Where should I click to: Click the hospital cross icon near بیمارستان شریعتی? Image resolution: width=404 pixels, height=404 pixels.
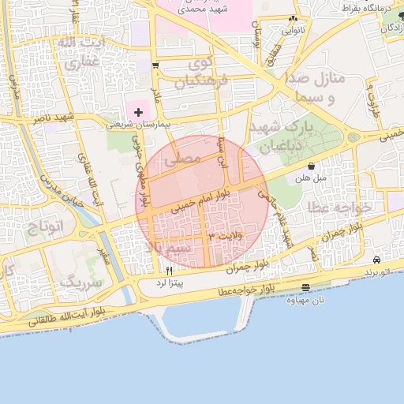coord(140,112)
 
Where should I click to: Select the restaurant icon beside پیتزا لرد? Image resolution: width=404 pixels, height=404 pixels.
coord(169,270)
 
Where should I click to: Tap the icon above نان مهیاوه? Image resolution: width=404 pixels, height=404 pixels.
coord(306,287)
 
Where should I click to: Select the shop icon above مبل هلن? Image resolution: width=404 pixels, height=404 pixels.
coord(312,166)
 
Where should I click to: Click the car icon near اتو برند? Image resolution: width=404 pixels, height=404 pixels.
coord(378,260)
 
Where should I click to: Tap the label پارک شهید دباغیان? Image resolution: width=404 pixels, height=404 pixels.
coord(282,136)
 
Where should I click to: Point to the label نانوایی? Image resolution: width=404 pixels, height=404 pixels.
coord(292,32)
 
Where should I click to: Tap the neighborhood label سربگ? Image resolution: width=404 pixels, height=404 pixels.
coord(81,281)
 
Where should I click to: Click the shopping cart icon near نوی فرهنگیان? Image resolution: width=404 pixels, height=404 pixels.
coord(155,65)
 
